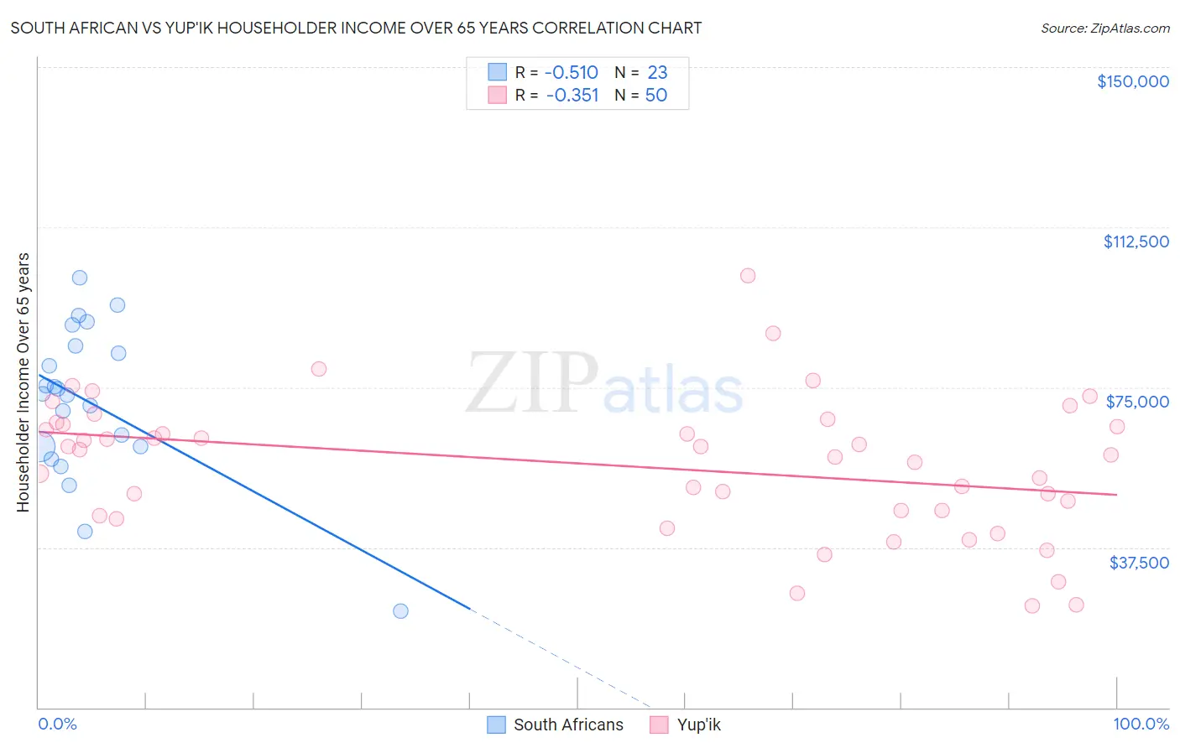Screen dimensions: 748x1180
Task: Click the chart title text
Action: tap(356, 28)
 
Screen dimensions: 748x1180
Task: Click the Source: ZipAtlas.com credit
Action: tap(1104, 28)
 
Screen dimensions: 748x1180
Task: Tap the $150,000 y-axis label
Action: tap(1132, 81)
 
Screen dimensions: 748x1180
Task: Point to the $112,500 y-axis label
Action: tap(1136, 242)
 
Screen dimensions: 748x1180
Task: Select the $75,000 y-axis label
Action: tap(1137, 402)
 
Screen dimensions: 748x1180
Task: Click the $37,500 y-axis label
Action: tap(1138, 563)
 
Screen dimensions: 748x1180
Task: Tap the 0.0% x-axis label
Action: tap(57, 724)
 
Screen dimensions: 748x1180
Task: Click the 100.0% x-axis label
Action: tap(1141, 724)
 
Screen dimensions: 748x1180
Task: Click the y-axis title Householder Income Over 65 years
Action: tap(23, 382)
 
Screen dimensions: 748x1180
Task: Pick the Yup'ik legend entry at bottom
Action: tap(698, 725)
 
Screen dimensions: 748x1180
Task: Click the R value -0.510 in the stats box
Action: tap(571, 72)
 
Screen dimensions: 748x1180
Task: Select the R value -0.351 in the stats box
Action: tap(572, 95)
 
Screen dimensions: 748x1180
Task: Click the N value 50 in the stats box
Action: tap(655, 95)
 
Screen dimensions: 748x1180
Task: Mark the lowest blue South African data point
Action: tap(400, 610)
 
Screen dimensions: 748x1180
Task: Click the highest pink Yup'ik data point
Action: tap(748, 276)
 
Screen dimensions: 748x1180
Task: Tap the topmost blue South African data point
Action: tap(80, 278)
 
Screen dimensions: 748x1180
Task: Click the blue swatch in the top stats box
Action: tap(498, 72)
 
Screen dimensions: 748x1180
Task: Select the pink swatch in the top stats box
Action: tap(498, 95)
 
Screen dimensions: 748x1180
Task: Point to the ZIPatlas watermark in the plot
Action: tap(604, 384)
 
